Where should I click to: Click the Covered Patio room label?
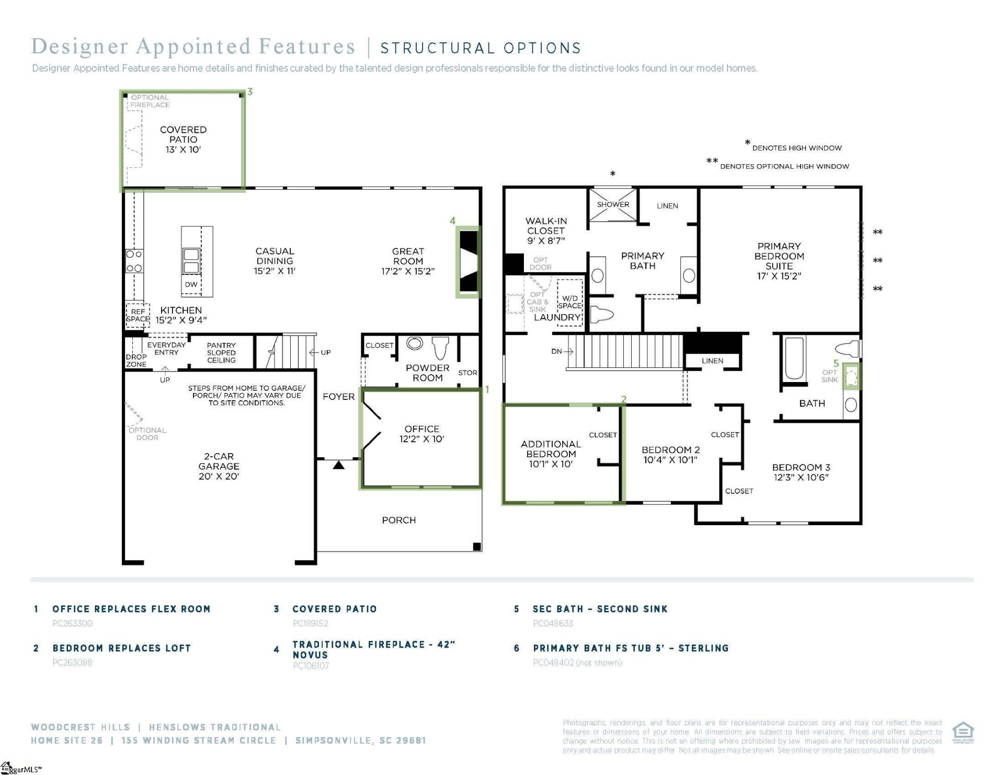click(x=183, y=139)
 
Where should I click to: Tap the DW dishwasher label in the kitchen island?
click(x=191, y=284)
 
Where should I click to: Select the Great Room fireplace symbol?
click(x=469, y=261)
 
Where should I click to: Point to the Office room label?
click(x=421, y=434)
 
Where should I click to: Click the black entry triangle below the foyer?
click(x=339, y=465)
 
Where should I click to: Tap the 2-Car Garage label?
click(x=219, y=466)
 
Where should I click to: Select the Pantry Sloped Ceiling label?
click(x=221, y=353)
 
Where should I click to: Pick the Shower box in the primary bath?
click(x=613, y=205)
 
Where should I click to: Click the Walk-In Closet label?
click(x=546, y=230)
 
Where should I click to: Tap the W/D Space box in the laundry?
click(x=569, y=303)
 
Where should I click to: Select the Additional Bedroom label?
click(x=551, y=454)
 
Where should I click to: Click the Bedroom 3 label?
click(x=801, y=472)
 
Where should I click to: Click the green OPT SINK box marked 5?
click(x=851, y=376)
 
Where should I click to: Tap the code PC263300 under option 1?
click(x=72, y=623)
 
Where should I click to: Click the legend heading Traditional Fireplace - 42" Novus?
click(x=373, y=649)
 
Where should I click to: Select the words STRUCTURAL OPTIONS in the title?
click(x=480, y=48)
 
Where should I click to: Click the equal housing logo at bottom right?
click(x=963, y=732)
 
